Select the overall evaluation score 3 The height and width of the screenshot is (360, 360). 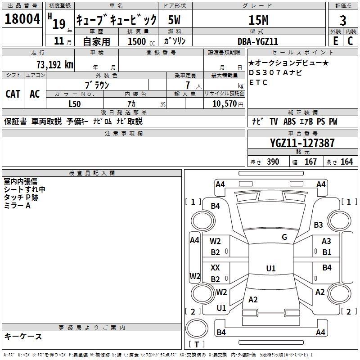click(x=343, y=20)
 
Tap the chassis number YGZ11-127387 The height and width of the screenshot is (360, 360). click(x=302, y=143)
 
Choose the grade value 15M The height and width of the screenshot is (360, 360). click(x=258, y=20)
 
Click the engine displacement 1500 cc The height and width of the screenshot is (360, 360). click(x=138, y=41)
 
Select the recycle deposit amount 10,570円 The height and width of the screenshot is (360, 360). click(x=224, y=104)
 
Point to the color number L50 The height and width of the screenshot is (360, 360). click(x=75, y=104)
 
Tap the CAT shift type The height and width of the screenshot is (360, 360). click(x=13, y=94)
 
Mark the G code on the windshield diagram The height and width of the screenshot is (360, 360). click(x=284, y=237)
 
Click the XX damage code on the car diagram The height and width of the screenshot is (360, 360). click(x=216, y=268)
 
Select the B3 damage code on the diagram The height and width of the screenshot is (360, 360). click(x=319, y=225)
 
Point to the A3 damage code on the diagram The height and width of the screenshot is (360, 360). click(x=326, y=242)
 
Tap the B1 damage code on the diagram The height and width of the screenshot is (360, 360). click(x=327, y=252)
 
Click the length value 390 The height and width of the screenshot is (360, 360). click(x=273, y=162)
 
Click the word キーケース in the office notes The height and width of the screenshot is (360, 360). click(x=23, y=337)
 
